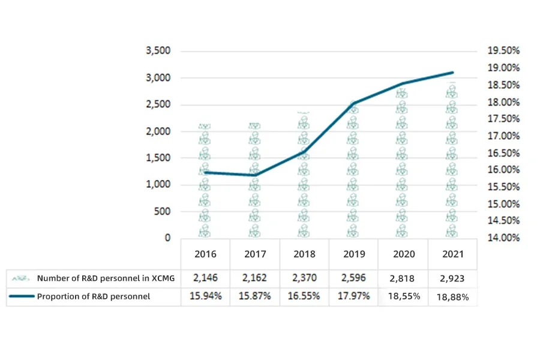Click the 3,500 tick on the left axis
pos(158,51)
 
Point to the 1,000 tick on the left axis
pos(158,185)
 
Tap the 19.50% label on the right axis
pos(503,51)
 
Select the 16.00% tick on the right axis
pos(503,170)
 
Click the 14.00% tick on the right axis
pos(503,238)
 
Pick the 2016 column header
pos(206,254)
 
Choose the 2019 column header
pos(353,254)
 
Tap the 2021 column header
pos(453,254)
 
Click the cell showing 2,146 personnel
pos(206,278)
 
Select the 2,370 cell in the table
pos(304,278)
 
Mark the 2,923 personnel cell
pos(453,278)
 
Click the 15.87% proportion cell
pos(255,296)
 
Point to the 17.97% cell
pos(353,296)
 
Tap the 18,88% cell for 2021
pos(453,296)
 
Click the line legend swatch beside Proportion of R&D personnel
pos(22,296)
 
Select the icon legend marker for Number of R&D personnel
pos(22,278)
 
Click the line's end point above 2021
pos(453,73)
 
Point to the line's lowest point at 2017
pos(255,175)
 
